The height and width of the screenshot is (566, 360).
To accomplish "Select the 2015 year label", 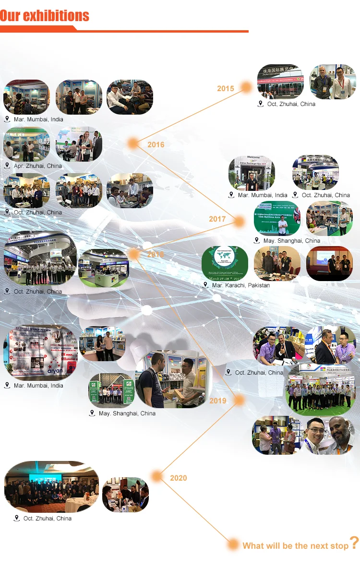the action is coord(226,88).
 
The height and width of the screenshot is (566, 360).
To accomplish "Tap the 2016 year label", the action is coord(156,144).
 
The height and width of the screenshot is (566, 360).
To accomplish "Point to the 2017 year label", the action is coord(217,219).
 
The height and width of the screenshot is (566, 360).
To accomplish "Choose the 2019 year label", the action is coord(217,401).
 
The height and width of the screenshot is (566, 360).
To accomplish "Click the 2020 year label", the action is coord(179,478).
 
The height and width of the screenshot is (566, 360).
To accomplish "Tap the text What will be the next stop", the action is coord(295,545).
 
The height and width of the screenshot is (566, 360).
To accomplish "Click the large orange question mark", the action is coord(354,543).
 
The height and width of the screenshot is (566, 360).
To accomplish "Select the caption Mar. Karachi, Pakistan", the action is coord(240,285).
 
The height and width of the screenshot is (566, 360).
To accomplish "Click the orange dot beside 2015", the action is coord(246,87).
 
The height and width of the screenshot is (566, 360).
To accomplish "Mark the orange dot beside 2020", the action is coord(156,476).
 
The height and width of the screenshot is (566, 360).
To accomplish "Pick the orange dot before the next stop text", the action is coord(233,544).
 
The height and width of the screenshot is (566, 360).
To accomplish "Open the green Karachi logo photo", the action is coord(225,263).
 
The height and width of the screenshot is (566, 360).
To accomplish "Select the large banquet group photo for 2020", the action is coord(51,487).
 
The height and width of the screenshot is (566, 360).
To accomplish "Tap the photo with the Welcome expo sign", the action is coord(252,172).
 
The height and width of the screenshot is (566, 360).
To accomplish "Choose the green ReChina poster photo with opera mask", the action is coord(277,218).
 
